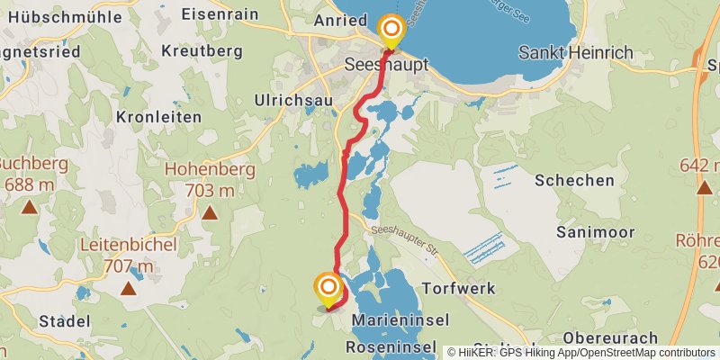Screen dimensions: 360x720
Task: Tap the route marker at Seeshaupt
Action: pos(391,31)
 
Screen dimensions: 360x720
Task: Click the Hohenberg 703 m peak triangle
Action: pos(210,213)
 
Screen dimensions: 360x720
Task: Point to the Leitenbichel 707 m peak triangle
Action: pos(128,289)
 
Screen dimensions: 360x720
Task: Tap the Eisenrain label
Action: pos(220,14)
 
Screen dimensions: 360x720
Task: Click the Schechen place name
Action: pos(574,180)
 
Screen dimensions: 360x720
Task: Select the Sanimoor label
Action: pos(595,232)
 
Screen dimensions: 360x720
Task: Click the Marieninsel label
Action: pos(400,320)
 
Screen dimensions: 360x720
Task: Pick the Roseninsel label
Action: pos(394,349)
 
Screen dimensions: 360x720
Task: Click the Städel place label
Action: pos(65,320)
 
